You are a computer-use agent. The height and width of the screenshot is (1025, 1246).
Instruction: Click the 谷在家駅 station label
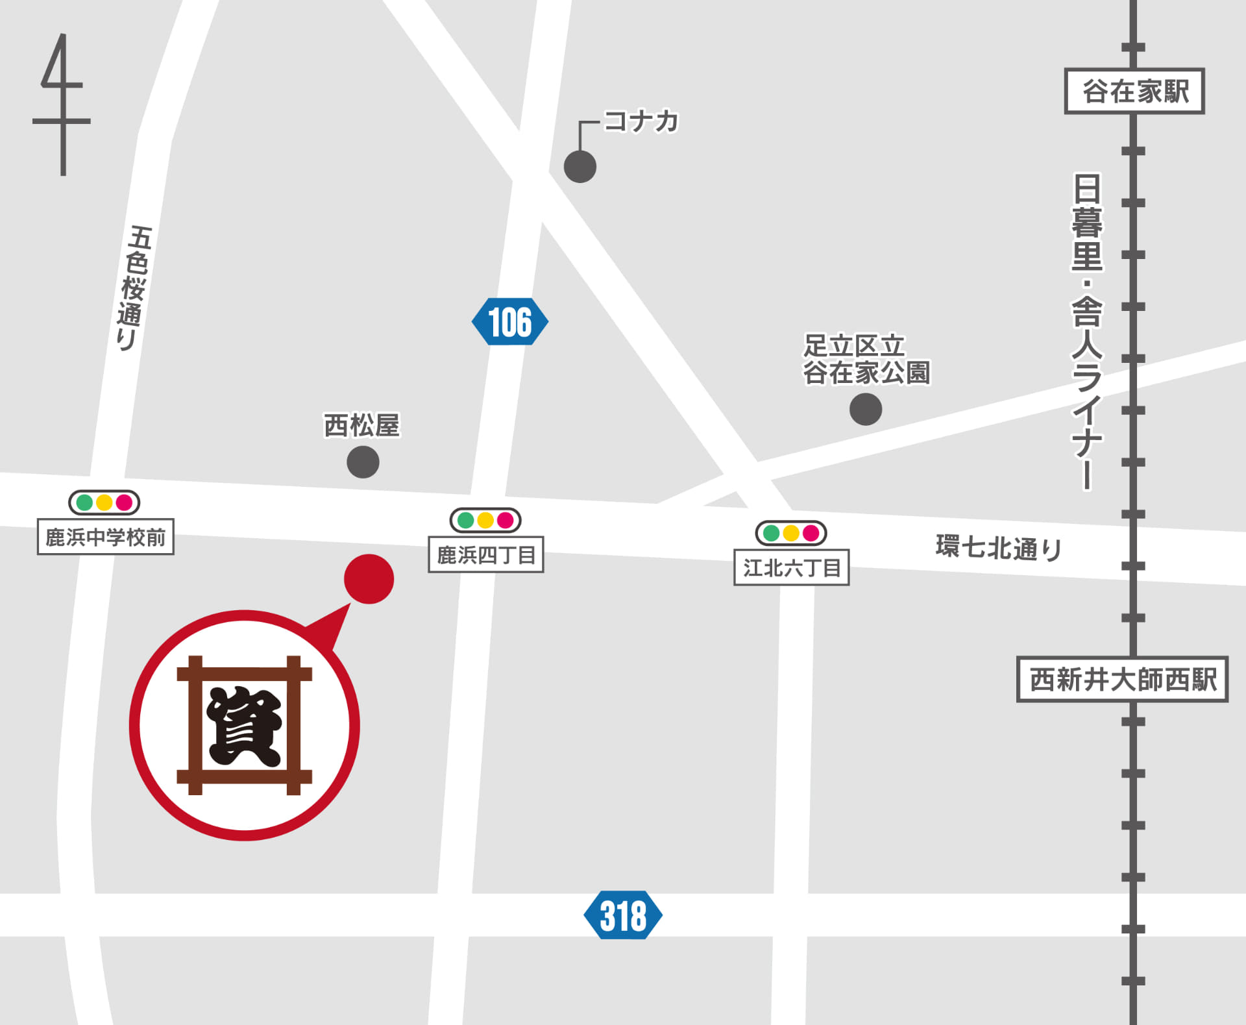click(x=1134, y=92)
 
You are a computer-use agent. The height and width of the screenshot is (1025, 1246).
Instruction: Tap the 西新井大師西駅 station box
click(x=1122, y=679)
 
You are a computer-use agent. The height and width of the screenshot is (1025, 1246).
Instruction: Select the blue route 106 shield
click(x=509, y=321)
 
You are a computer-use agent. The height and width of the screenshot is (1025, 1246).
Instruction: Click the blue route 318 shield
click(x=623, y=915)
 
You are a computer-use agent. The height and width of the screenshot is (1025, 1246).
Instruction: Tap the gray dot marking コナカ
click(x=580, y=167)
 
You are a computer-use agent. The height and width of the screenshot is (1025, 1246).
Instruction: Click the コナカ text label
click(x=641, y=121)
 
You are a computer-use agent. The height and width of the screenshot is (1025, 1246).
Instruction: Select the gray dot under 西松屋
click(x=363, y=462)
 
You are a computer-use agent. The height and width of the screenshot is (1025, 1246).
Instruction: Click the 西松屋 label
click(x=361, y=426)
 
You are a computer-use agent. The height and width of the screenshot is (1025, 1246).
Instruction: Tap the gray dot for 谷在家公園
click(x=865, y=409)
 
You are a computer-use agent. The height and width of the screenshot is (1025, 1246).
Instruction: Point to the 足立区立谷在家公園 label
click(x=866, y=359)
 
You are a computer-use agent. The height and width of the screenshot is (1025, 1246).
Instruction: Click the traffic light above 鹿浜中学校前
click(x=104, y=502)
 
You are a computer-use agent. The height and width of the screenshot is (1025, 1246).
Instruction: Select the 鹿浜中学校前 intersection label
click(x=106, y=537)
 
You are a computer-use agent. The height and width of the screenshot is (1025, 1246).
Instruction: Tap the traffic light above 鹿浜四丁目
click(x=485, y=520)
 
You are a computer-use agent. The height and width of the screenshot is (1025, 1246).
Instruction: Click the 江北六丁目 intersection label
click(x=791, y=568)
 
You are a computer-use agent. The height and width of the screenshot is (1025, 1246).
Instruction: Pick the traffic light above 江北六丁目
click(x=790, y=533)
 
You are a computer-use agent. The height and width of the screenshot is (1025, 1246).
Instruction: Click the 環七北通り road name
click(x=997, y=548)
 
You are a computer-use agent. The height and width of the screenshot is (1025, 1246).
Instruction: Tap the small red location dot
click(x=369, y=578)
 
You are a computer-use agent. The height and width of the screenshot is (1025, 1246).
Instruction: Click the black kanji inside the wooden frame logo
click(x=245, y=726)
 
